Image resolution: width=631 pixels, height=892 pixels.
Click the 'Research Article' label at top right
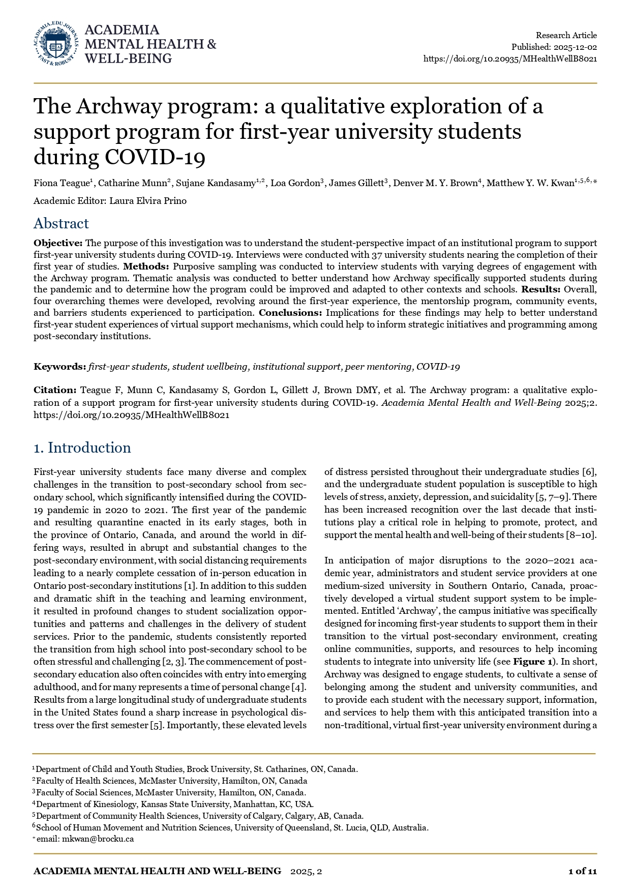click(566, 35)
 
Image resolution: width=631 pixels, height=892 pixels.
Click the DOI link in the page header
click(510, 58)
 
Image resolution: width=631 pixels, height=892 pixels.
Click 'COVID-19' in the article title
click(155, 157)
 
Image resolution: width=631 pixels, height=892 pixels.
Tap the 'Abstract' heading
click(61, 223)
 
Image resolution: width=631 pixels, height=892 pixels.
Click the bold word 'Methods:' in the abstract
click(146, 266)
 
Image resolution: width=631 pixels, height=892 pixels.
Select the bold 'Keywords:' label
click(59, 367)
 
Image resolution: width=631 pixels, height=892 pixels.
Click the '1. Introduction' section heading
click(82, 448)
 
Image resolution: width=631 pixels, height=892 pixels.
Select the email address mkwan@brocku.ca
click(98, 839)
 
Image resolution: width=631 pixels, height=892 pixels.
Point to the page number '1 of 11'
click(582, 871)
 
